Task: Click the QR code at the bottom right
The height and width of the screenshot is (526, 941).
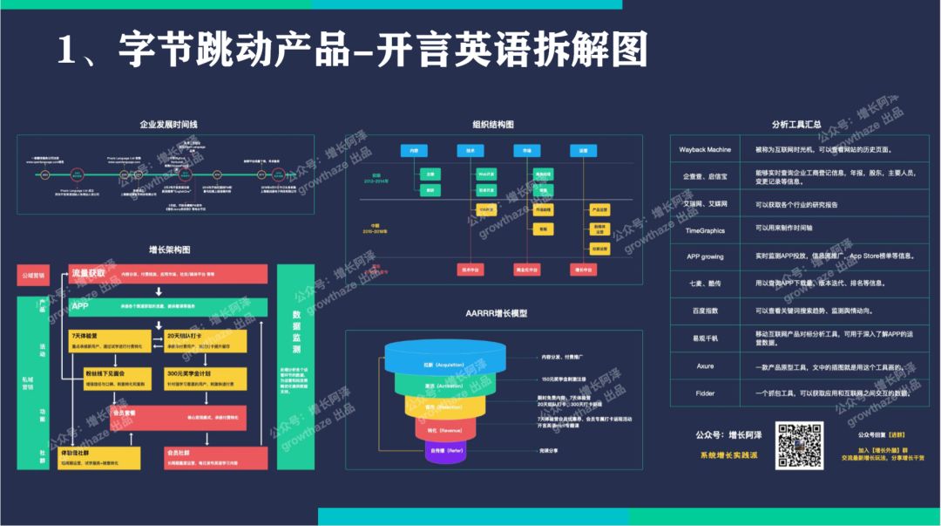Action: (800, 445)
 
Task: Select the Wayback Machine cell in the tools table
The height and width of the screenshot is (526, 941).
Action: (705, 150)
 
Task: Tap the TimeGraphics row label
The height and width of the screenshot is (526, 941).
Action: (705, 230)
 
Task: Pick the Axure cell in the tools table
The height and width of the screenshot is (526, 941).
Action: (705, 366)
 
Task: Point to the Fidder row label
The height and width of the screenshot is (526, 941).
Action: (705, 393)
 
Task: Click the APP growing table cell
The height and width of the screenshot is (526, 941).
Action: (705, 257)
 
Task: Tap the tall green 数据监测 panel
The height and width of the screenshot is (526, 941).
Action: (295, 366)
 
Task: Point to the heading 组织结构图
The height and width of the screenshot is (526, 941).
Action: (493, 125)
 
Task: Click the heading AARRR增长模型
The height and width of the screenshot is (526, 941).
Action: (493, 313)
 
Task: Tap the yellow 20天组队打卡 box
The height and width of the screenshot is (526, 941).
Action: (206, 341)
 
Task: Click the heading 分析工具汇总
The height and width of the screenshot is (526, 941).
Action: (795, 125)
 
